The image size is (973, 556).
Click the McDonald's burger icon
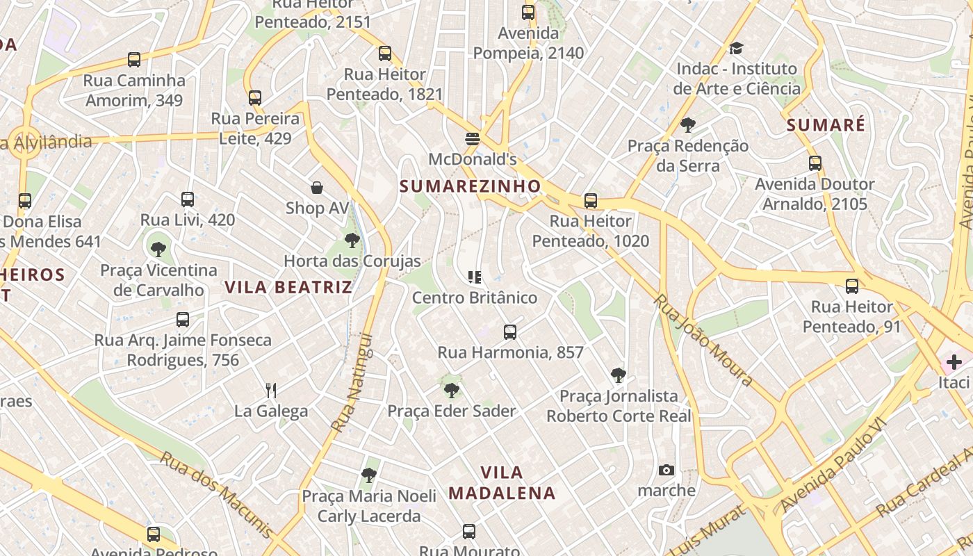pos(473,138)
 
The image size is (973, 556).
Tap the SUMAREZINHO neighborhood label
pos(470,186)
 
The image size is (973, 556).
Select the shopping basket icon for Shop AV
pos(317,188)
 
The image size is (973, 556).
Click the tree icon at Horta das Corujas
pos(352,240)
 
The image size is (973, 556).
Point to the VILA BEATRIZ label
pos(288,287)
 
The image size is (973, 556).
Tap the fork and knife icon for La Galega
pos(271,391)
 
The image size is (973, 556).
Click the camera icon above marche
pos(666,471)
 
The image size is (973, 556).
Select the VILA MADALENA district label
pos(502,483)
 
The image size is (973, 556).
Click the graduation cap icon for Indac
pos(736,48)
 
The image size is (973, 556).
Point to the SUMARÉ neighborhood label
pos(826,126)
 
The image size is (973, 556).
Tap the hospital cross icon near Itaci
pos(954,361)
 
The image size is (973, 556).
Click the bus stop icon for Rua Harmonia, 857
pos(510,332)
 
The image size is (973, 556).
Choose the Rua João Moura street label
pos(703,340)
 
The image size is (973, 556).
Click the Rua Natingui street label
pos(352,383)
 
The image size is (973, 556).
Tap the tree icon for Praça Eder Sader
pos(452,390)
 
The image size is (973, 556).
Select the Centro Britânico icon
pos(475,277)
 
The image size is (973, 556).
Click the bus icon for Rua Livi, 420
pos(187,199)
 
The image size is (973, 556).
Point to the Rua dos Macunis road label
pos(216,494)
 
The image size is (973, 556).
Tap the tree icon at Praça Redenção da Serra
pos(688,125)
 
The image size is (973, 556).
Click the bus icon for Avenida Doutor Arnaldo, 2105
pos(815,163)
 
